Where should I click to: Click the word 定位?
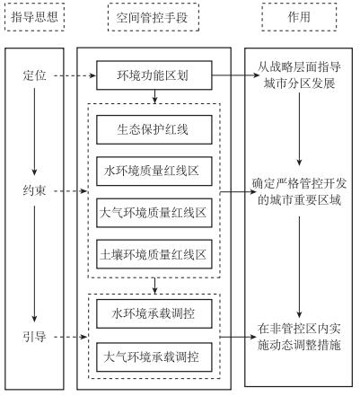(x=34, y=75)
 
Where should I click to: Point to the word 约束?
(x=34, y=190)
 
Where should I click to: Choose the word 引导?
(x=34, y=337)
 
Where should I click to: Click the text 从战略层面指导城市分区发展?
(x=299, y=75)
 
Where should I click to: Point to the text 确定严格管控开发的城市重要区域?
(x=299, y=192)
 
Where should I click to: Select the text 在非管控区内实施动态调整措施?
(x=299, y=337)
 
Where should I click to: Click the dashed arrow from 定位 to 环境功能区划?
(x=75, y=75)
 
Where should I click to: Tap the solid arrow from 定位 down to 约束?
(x=34, y=132)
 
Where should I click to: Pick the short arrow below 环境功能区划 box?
(x=154, y=96)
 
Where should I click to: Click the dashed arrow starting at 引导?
(x=71, y=337)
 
